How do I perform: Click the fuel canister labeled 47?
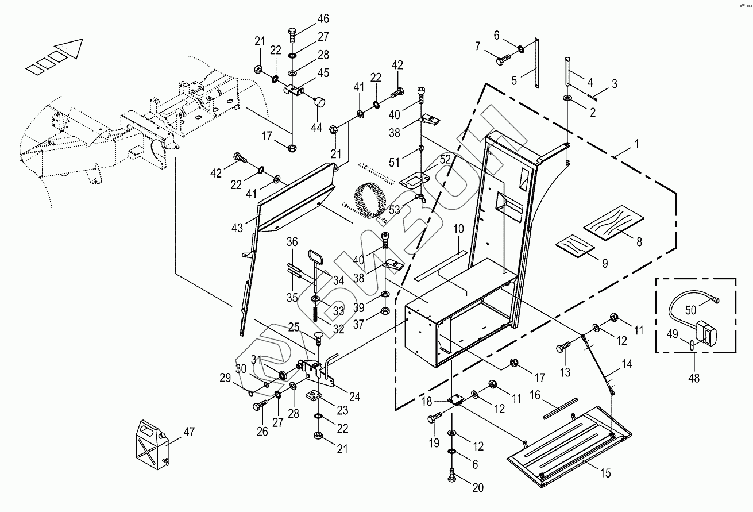coord(151,442)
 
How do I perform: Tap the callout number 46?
coord(323,18)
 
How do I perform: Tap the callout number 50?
coord(690,309)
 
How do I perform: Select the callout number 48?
coord(693,378)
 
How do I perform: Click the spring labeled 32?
coord(316,315)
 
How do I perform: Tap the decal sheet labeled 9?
coord(577,245)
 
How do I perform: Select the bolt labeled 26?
coord(258,406)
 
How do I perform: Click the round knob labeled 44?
coord(319,103)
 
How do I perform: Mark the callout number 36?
coord(292,242)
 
